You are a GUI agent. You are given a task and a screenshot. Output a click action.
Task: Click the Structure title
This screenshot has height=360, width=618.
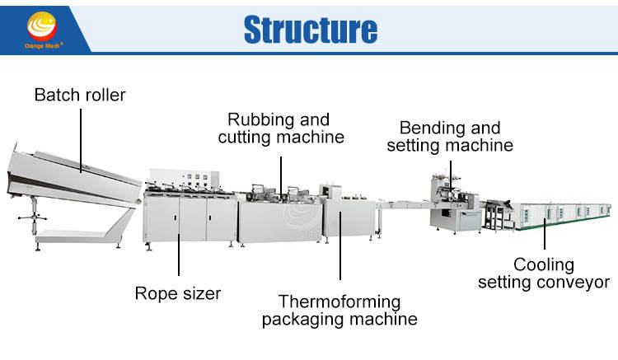coord(311,29)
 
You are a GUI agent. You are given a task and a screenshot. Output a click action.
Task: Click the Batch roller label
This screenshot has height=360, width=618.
coord(80,96)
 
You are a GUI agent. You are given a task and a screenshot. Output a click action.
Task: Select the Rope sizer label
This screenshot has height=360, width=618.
coord(178,292)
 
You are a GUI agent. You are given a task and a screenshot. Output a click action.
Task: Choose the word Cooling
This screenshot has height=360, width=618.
coord(543,264)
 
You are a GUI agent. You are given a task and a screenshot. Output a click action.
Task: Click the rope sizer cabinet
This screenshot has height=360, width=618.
coord(177,219)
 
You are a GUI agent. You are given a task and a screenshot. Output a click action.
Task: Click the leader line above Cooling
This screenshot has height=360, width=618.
coord(544,234)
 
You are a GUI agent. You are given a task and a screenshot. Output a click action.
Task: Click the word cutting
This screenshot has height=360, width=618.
coord(246,138)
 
